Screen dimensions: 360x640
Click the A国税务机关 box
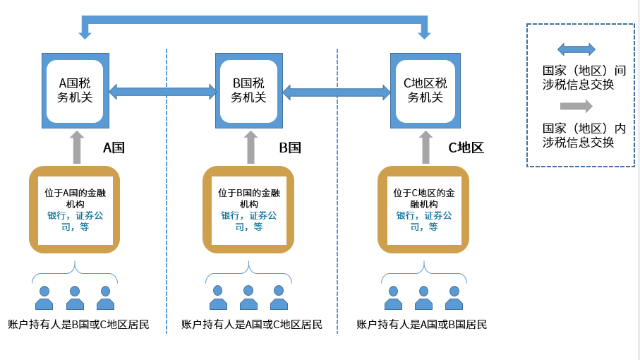pyautogui.click(x=75, y=90)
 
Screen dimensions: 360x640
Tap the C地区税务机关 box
pyautogui.click(x=425, y=90)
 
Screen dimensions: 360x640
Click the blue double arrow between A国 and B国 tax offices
pyautogui.click(x=162, y=91)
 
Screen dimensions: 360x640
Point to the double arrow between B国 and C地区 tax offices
pyautogui.click(x=337, y=92)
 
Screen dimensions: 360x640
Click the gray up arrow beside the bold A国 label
pyautogui.click(x=76, y=147)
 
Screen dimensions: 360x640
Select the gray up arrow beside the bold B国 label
pyautogui.click(x=250, y=147)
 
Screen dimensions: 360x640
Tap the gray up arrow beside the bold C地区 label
pyautogui.click(x=425, y=147)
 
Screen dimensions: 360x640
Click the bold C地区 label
pyautogui.click(x=466, y=148)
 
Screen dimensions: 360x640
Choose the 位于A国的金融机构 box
pyautogui.click(x=75, y=210)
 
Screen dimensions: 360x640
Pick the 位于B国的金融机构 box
pyautogui.click(x=248, y=210)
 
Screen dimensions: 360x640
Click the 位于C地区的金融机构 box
pyautogui.click(x=423, y=210)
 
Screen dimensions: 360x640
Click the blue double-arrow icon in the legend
pyautogui.click(x=576, y=49)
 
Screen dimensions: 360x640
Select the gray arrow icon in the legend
pyautogui.click(x=576, y=106)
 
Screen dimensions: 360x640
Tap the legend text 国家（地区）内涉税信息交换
pyautogui.click(x=584, y=135)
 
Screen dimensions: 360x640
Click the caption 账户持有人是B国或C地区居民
pyautogui.click(x=78, y=325)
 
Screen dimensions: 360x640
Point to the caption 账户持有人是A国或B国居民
pyautogui.click(x=422, y=325)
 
